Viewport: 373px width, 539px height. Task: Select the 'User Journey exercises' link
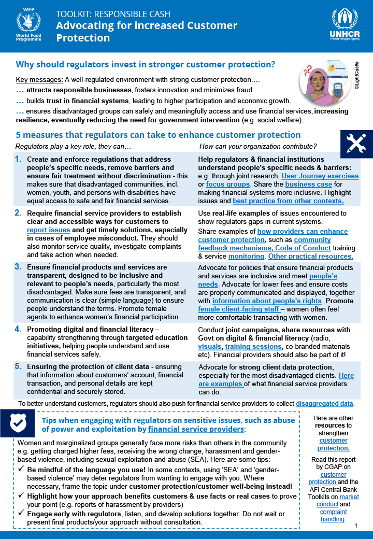(321, 176)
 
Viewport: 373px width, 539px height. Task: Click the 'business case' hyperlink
(306, 185)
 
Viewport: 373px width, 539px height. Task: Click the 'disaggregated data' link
(325, 403)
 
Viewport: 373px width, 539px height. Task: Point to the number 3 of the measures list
(18, 267)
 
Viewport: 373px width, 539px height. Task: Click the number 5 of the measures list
(18, 366)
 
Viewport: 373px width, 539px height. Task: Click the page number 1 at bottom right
(356, 526)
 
